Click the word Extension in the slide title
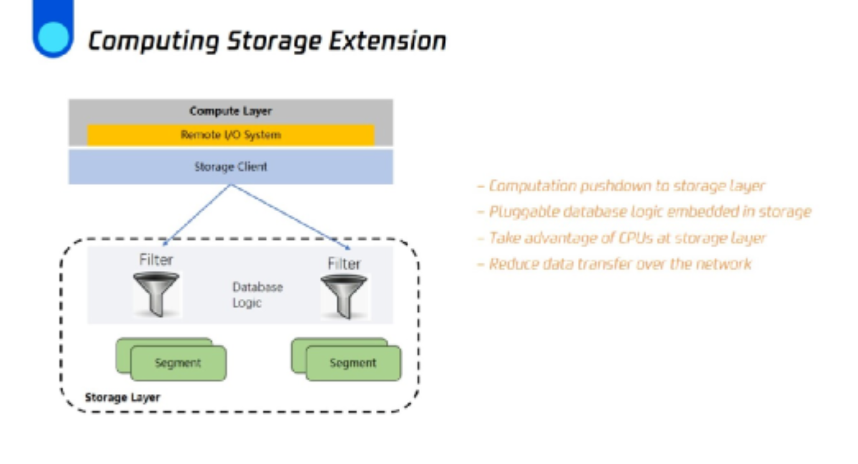pos(387,40)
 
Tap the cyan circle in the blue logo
pos(54,37)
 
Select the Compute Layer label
pos(230,111)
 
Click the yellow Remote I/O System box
pos(230,135)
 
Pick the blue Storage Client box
pos(230,167)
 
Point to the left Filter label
pos(156,260)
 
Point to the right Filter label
pos(344,264)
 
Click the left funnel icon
pos(156,294)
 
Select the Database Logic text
pos(257,294)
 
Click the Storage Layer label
pos(123,397)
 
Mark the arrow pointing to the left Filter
pos(196,215)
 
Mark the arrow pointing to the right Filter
pos(291,217)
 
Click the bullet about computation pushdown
pos(621,186)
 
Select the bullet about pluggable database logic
pos(644,212)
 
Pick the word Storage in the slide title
pos(274,42)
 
